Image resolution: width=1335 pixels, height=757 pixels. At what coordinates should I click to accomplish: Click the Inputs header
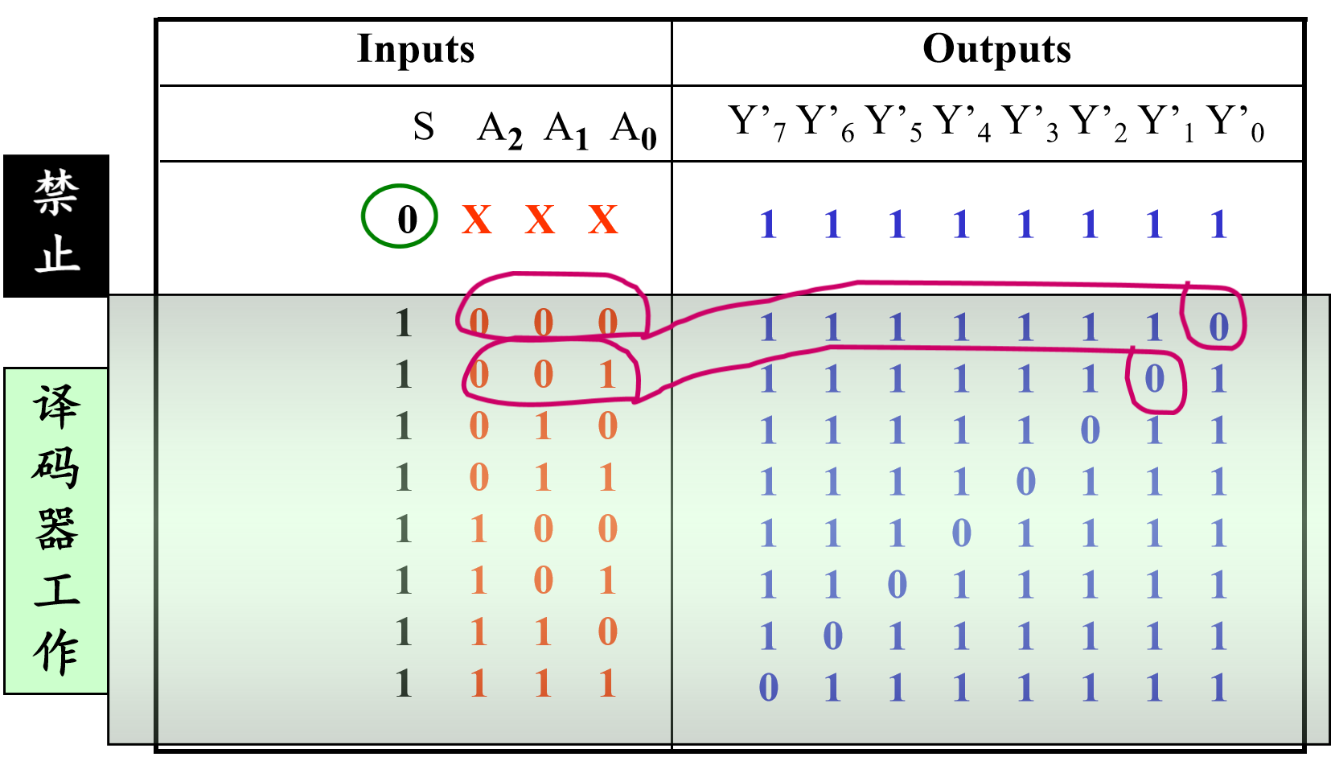point(416,49)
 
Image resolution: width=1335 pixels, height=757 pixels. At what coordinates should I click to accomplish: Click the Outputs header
point(996,49)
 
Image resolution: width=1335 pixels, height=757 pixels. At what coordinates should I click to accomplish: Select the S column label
point(424,126)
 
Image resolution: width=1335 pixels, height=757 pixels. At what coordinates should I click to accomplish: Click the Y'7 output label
point(757,123)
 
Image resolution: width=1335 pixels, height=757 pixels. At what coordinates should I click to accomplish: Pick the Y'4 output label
point(961,123)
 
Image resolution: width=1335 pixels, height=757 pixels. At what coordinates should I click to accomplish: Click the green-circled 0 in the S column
point(408,220)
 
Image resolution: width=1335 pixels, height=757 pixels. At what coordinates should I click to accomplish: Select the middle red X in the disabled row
point(540,220)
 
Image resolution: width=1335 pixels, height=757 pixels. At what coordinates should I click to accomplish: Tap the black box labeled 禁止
point(56,226)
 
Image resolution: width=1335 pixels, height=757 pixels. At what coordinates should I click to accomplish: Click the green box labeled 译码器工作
point(56,531)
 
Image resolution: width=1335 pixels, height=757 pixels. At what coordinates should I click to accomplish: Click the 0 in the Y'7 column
point(768,687)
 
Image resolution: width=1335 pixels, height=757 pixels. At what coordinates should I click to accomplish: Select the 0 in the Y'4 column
point(961,533)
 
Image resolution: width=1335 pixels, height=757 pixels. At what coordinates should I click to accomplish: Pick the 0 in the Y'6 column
point(832,636)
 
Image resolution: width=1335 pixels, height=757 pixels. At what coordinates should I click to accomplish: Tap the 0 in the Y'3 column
point(1025,482)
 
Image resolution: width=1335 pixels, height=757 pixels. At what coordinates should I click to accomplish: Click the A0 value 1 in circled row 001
point(607,375)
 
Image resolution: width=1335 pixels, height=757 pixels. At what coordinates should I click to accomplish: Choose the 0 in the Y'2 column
point(1090,430)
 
